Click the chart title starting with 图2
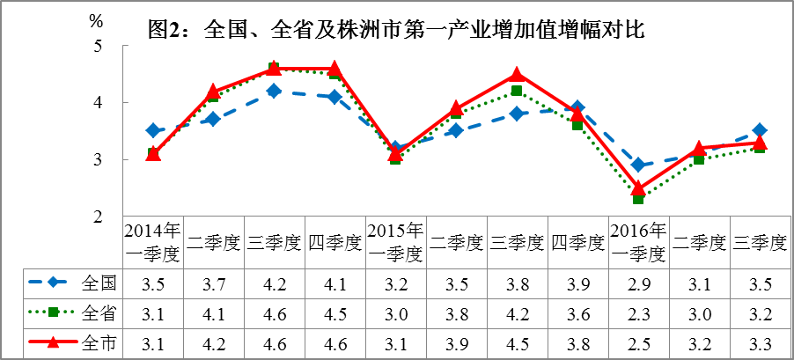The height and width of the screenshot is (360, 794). pos(397,31)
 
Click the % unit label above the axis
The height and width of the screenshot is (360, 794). pos(97,17)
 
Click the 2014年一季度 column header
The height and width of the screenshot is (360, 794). pos(153,242)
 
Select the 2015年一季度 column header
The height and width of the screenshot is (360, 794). pos(395,242)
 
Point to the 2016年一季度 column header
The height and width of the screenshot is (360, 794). pos(638,242)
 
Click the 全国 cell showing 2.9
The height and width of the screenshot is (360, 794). pos(638,283)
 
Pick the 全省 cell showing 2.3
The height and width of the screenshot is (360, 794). pos(638,312)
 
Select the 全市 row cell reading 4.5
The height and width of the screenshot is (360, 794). pos(517,342)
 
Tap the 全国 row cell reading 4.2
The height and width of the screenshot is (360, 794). pos(275,283)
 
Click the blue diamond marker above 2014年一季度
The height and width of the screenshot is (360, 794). pos(153,131)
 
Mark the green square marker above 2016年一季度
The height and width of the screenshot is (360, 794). pos(638,199)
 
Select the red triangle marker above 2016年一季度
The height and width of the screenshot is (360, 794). pos(638,187)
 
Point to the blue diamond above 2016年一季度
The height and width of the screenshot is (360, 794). pos(638,165)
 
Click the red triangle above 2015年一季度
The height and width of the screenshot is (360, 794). pos(395,153)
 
